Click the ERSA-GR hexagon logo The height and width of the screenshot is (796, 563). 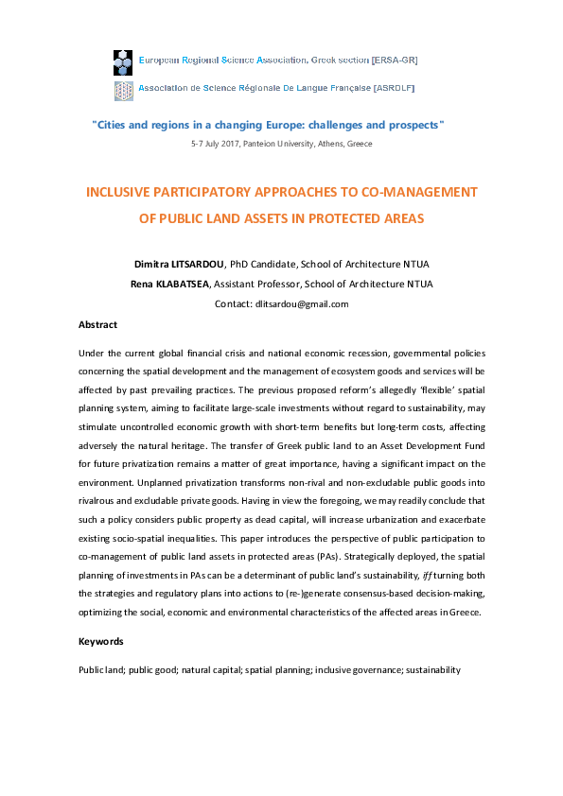pos(122,61)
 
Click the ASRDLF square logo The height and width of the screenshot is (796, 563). pos(122,90)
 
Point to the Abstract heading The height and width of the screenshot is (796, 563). pos(97,325)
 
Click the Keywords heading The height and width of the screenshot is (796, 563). pos(100,642)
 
